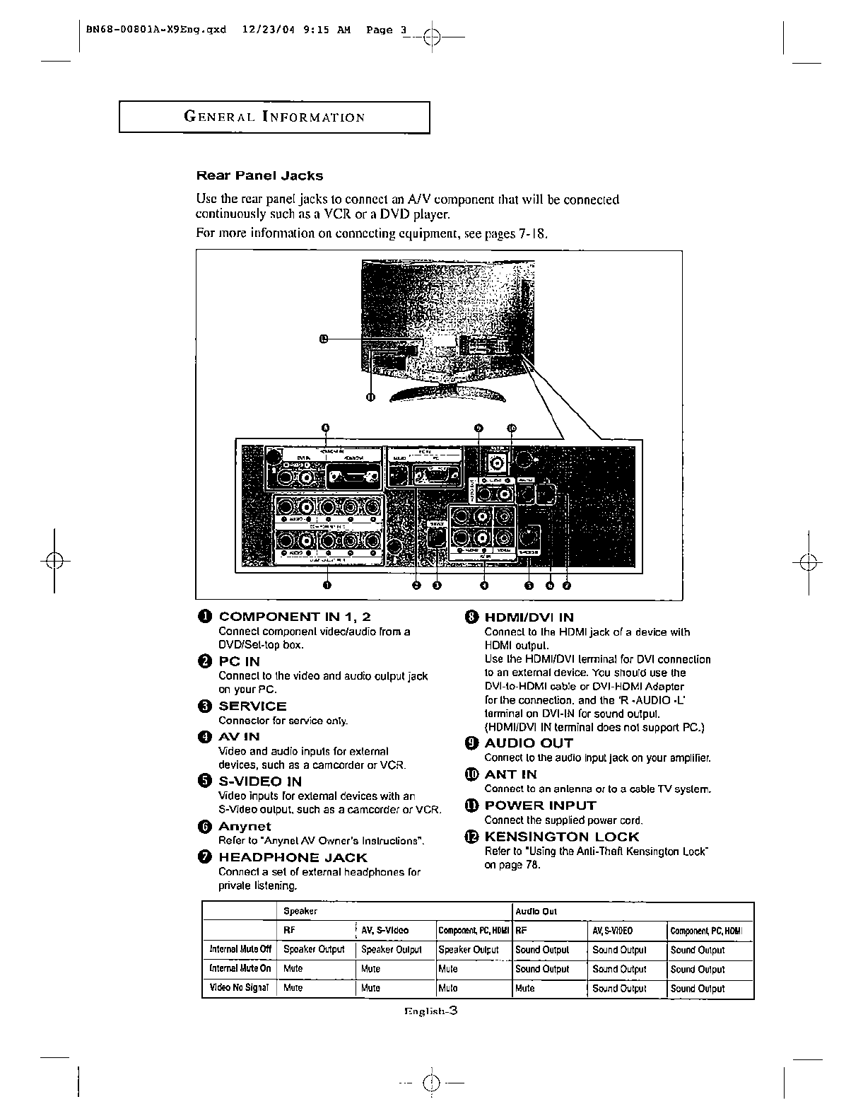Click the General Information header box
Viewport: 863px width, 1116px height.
(274, 117)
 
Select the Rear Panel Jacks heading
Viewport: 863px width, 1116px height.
(259, 175)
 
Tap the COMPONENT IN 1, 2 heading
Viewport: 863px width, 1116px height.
(294, 617)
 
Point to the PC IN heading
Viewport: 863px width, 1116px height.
(239, 661)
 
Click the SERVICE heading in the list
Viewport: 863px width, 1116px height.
(252, 706)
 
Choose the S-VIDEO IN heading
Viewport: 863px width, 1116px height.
(260, 781)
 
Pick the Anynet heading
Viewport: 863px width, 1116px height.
(245, 826)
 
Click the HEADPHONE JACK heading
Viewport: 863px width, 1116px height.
(293, 857)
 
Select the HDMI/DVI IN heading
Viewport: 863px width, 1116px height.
(529, 617)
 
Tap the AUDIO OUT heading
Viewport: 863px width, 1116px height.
(529, 743)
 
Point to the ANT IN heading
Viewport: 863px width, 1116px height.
(510, 774)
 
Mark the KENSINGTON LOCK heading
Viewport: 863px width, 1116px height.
(561, 837)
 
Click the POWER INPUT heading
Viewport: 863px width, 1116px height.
(540, 806)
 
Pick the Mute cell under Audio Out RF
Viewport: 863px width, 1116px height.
(524, 988)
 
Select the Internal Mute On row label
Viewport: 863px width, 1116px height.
(240, 969)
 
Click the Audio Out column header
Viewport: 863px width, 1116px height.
(536, 912)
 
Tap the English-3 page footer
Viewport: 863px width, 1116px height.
(431, 1011)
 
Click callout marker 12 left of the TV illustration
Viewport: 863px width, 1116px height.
(324, 339)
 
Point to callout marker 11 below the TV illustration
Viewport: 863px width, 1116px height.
(370, 397)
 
